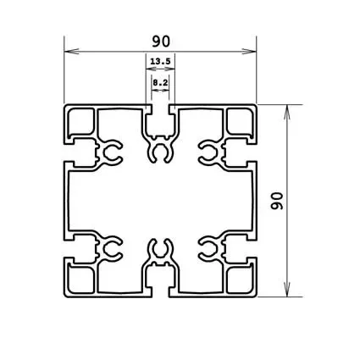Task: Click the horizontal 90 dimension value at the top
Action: (x=159, y=39)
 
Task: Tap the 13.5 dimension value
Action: (x=159, y=62)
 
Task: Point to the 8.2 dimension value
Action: (x=160, y=81)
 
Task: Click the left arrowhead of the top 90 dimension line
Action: (x=69, y=52)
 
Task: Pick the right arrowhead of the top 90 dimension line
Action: (x=252, y=52)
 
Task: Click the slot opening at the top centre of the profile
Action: (x=160, y=110)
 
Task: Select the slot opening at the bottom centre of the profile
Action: (x=160, y=291)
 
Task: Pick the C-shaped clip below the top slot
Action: (x=160, y=153)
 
